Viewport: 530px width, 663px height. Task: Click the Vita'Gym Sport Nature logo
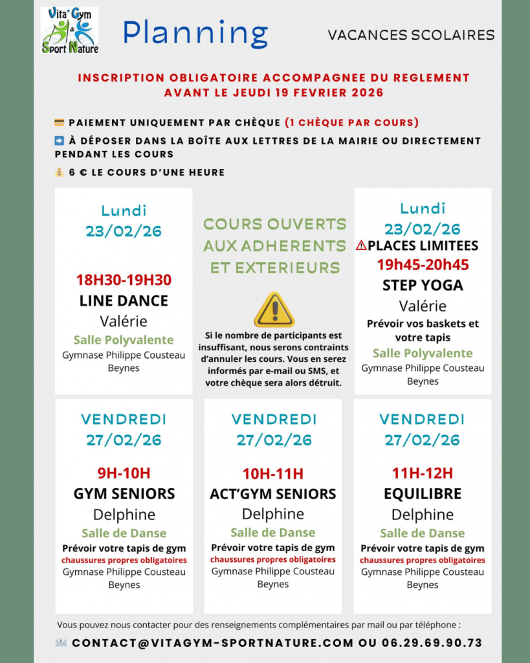tap(69, 30)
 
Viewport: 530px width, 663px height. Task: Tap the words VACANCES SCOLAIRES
tap(411, 35)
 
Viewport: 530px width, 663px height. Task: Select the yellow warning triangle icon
tap(274, 309)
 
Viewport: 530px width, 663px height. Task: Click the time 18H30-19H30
tap(124, 280)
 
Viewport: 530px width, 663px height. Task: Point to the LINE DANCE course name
tap(124, 300)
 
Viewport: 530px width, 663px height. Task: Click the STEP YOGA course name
tap(423, 285)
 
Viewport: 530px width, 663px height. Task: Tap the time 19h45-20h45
tap(423, 264)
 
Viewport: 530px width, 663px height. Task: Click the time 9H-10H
tap(124, 473)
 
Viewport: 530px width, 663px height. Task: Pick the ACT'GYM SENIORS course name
tap(273, 493)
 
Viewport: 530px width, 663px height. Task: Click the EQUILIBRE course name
tap(423, 493)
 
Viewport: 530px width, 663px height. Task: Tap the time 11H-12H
tap(423, 473)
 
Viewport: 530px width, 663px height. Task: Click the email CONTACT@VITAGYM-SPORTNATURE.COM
tap(213, 643)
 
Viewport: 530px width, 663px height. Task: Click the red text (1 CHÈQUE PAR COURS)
tap(351, 122)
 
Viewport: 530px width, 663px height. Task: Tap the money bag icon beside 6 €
tap(60, 172)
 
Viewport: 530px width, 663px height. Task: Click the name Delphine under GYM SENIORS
tap(124, 515)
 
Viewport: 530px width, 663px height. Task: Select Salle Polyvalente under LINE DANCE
tap(124, 340)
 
